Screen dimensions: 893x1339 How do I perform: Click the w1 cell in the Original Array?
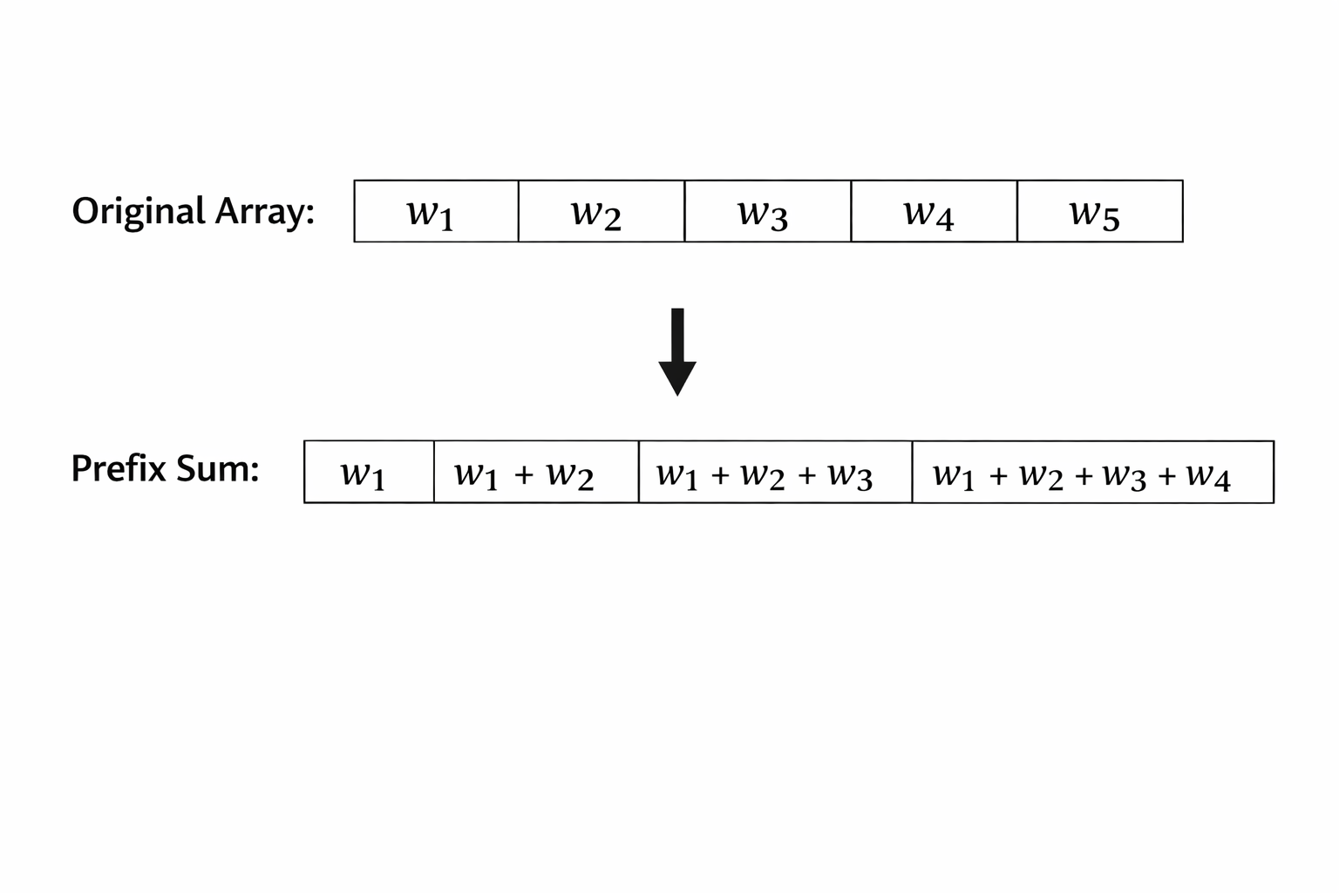pyautogui.click(x=436, y=212)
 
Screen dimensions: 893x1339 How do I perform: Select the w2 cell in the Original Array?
pyautogui.click(x=602, y=212)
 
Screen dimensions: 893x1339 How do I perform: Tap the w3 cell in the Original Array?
pyautogui.click(x=767, y=212)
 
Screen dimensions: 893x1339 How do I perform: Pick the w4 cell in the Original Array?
pyautogui.click(x=934, y=212)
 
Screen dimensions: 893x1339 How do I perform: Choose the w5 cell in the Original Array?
pyautogui.click(x=1099, y=212)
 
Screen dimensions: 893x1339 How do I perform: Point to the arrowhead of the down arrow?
pyautogui.click(x=677, y=378)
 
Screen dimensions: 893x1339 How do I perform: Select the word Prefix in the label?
pyautogui.click(x=119, y=469)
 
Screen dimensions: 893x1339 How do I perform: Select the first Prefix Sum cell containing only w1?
pyautogui.click(x=369, y=473)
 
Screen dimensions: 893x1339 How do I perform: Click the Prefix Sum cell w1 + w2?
pyautogui.click(x=535, y=473)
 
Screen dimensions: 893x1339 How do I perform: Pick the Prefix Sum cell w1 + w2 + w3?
pyautogui.click(x=775, y=473)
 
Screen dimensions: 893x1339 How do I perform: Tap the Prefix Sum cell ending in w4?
pyautogui.click(x=1092, y=473)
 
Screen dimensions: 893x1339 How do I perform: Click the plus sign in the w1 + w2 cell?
pyautogui.click(x=523, y=475)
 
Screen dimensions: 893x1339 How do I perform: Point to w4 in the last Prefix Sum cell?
pyautogui.click(x=1208, y=476)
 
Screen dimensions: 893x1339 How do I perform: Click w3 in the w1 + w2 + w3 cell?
pyautogui.click(x=850, y=476)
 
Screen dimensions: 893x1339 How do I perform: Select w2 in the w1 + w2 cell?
pyautogui.click(x=570, y=476)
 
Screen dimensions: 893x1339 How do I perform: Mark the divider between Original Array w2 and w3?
pyautogui.click(x=684, y=212)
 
